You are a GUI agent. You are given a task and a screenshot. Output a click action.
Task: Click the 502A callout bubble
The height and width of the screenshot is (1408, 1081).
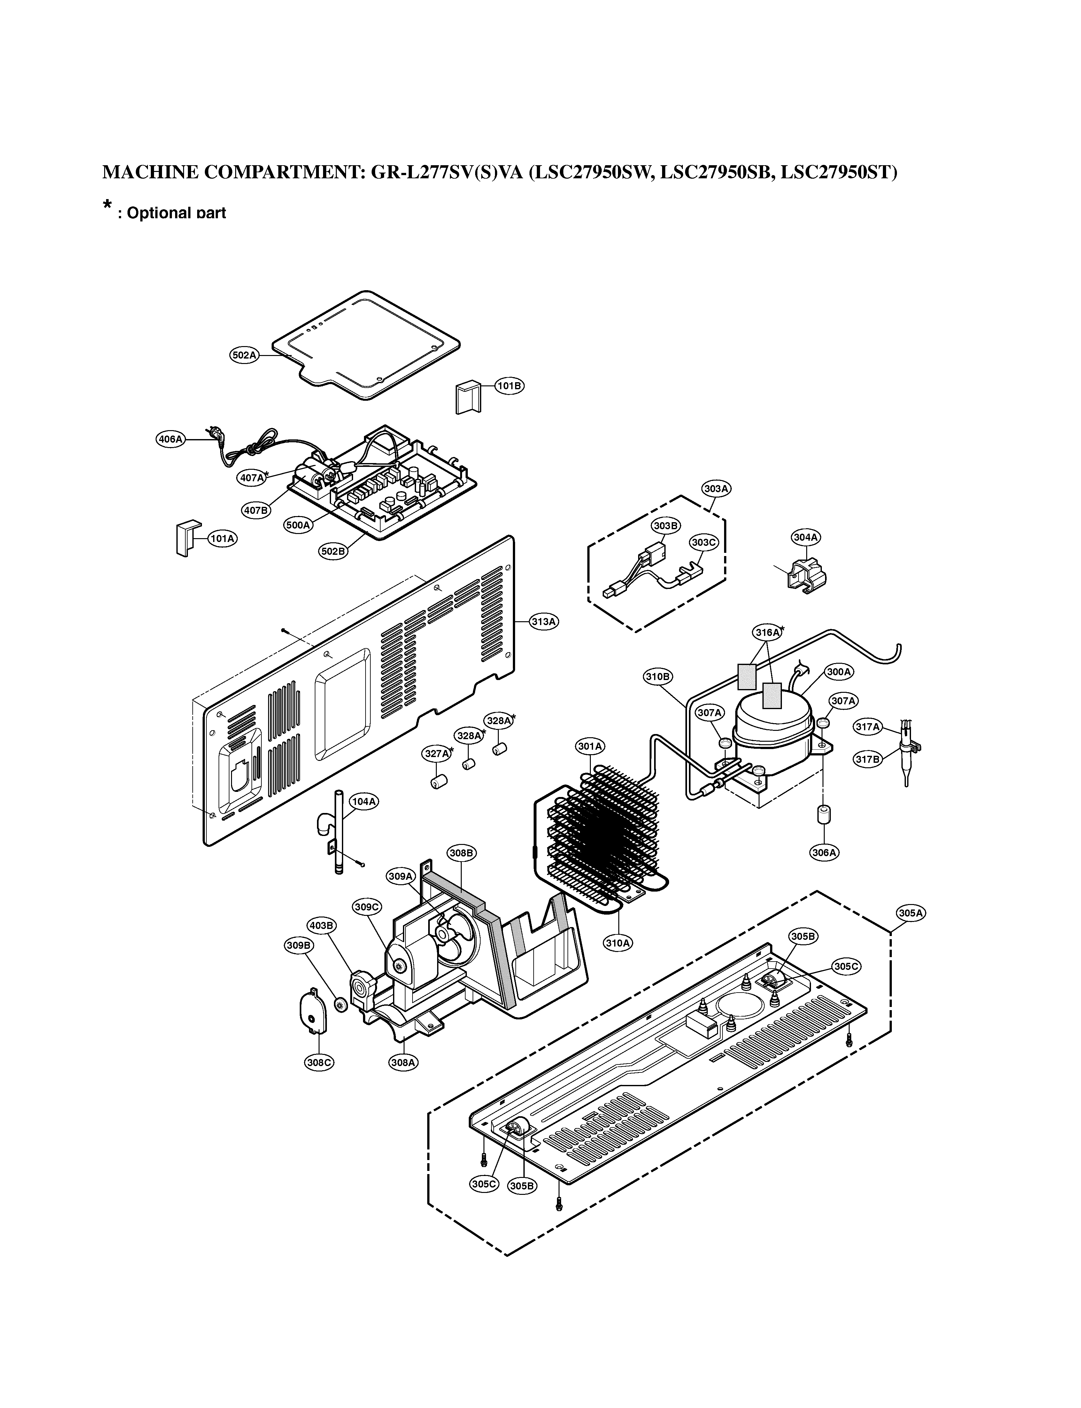(244, 355)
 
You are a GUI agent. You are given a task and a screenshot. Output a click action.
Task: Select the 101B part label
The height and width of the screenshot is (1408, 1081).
(509, 385)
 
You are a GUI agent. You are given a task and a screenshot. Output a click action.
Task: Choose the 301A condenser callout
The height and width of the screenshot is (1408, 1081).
(590, 747)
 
